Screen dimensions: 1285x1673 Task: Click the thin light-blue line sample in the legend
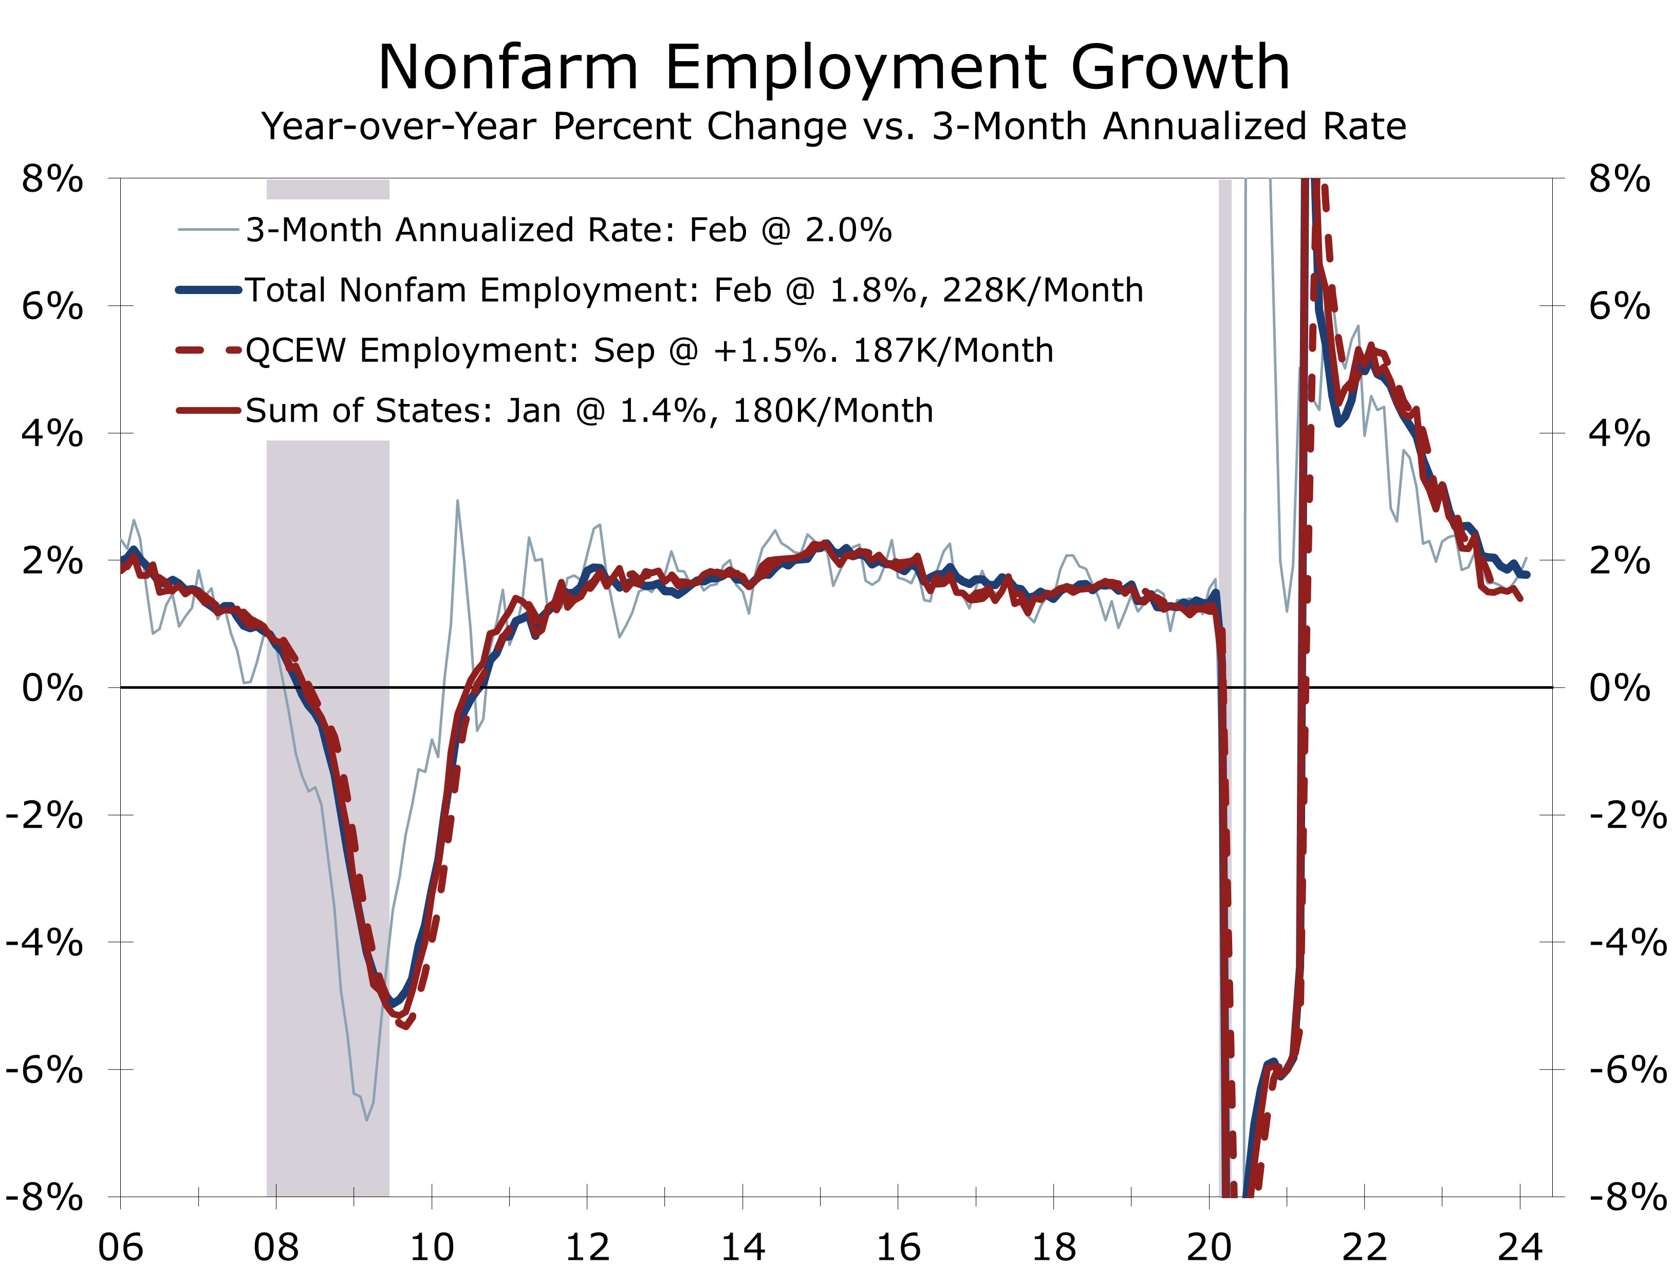(208, 229)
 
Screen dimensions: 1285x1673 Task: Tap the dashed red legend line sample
(208, 351)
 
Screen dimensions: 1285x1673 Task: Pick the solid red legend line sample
(208, 411)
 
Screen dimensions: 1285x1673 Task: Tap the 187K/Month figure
(953, 351)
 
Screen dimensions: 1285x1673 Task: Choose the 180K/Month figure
(833, 411)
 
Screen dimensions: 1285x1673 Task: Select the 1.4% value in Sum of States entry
(662, 411)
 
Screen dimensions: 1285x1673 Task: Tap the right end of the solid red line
(1520, 599)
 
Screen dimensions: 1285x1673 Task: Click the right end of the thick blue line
(1527, 575)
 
